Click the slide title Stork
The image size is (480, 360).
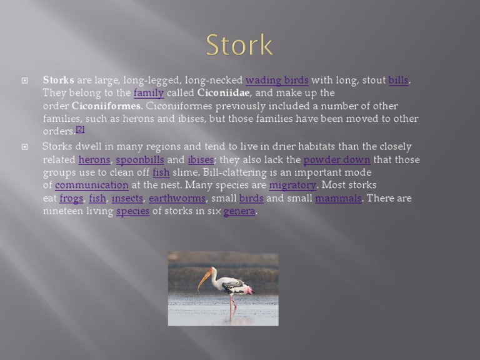coord(239,46)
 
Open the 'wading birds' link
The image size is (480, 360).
coord(277,80)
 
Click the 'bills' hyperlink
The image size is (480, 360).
coord(398,80)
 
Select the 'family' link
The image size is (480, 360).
coord(149,93)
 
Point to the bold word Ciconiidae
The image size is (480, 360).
coord(223,93)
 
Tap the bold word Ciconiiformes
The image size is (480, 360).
coord(106,106)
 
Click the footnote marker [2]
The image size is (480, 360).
coord(80,129)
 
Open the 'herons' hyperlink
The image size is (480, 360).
coord(94,159)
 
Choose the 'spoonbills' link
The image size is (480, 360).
coord(139,159)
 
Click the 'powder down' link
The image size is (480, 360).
coord(337,159)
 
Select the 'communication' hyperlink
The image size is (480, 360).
coord(91,185)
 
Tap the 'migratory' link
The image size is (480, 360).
coord(292,185)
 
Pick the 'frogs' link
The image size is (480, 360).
coord(71,198)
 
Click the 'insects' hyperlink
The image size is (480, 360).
coord(127,198)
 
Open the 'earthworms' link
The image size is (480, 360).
coord(177,198)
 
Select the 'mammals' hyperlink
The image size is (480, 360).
coord(338,198)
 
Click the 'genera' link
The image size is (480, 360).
coord(239,211)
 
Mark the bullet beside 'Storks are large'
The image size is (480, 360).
coord(25,80)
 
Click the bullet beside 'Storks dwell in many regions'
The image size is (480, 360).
coord(25,147)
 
